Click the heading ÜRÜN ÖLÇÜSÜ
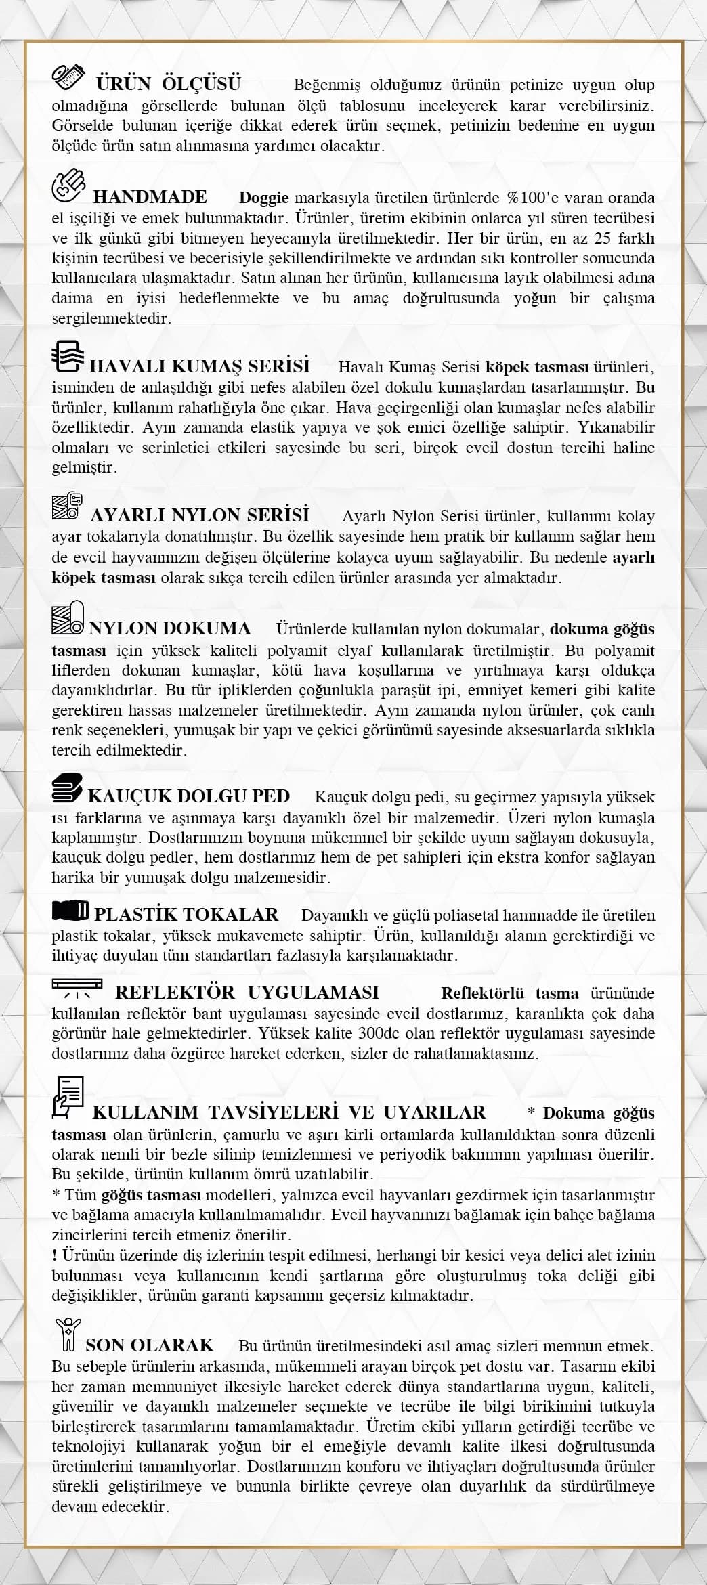(168, 84)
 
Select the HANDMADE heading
(150, 197)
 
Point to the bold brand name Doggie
(264, 198)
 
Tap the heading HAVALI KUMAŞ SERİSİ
(200, 366)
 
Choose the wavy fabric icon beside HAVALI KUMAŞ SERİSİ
(68, 357)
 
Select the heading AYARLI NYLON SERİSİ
(200, 515)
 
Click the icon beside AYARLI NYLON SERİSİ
(68, 506)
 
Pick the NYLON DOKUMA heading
(170, 628)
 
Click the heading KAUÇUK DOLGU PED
(189, 796)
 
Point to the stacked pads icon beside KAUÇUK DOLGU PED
(68, 787)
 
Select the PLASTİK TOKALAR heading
(186, 915)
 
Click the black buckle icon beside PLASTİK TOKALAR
(70, 911)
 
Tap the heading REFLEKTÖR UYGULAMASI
(247, 993)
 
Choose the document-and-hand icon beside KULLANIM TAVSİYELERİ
(68, 1096)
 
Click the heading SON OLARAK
(150, 1345)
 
